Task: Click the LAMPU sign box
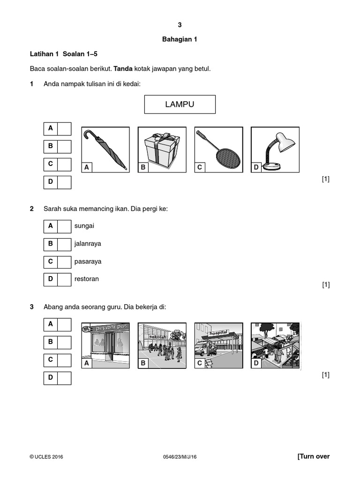coord(180,104)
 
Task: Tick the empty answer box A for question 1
coord(64,129)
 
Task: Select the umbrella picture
coord(105,150)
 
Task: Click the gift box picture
coord(162,150)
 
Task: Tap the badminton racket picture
coord(218,150)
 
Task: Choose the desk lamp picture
coord(275,150)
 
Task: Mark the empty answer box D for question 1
coord(64,182)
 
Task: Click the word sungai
coord(84,226)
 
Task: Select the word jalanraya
coord(88,244)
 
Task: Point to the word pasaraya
coord(88,262)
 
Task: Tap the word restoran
coord(86,279)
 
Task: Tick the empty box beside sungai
coord(64,226)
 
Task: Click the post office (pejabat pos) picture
coord(105,345)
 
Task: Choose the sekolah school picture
coord(162,345)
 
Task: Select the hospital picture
coord(218,345)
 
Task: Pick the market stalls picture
coord(275,345)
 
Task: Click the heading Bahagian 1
coord(180,39)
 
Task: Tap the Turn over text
coord(314,457)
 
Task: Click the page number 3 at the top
coord(180,25)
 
